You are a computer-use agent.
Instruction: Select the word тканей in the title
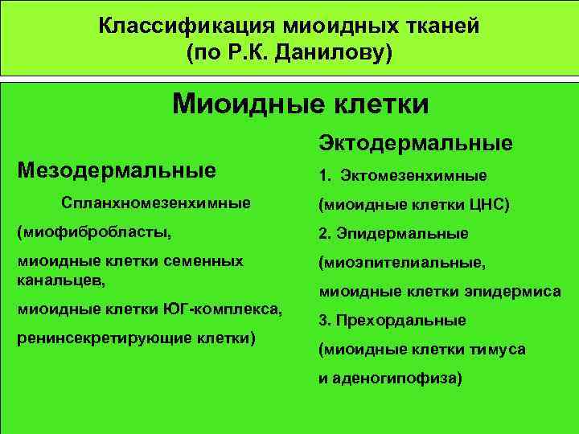tap(439, 26)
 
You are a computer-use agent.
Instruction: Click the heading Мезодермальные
tap(117, 170)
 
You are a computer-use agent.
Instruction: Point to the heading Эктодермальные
tap(416, 143)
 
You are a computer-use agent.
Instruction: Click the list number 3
tap(323, 320)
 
